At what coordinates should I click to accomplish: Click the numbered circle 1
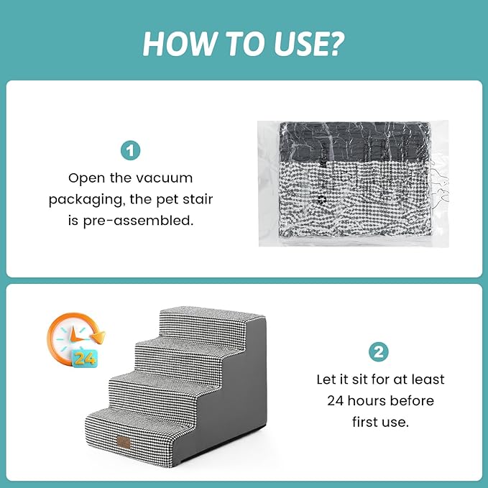(x=130, y=151)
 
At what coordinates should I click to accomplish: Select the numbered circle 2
(x=379, y=352)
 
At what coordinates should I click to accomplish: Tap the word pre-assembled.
(x=138, y=221)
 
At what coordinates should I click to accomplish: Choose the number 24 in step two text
(x=335, y=401)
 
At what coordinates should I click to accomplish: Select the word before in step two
(x=412, y=400)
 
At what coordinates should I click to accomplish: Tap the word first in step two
(x=364, y=422)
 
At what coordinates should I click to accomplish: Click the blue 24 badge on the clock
(x=85, y=359)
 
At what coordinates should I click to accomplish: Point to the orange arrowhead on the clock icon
(x=99, y=337)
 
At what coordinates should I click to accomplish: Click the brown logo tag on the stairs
(x=124, y=442)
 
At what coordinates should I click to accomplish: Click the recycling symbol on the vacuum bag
(x=321, y=200)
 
